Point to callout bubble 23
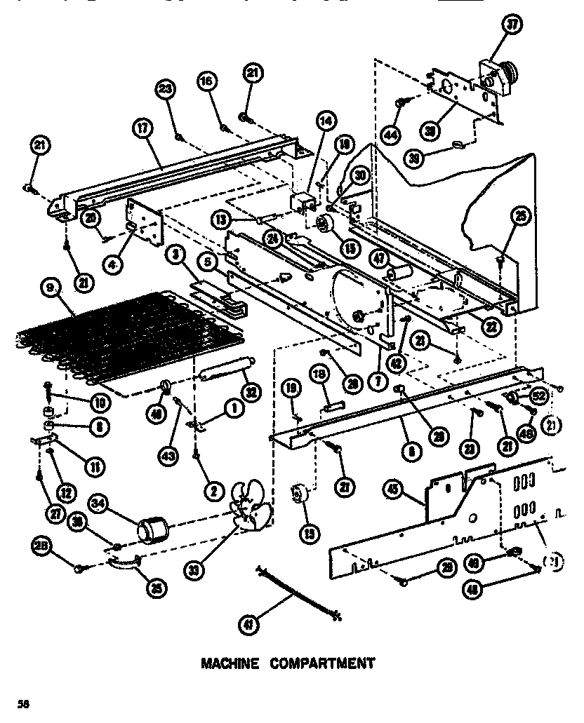[166, 89]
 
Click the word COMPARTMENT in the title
[322, 663]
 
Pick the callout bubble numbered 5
[207, 263]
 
